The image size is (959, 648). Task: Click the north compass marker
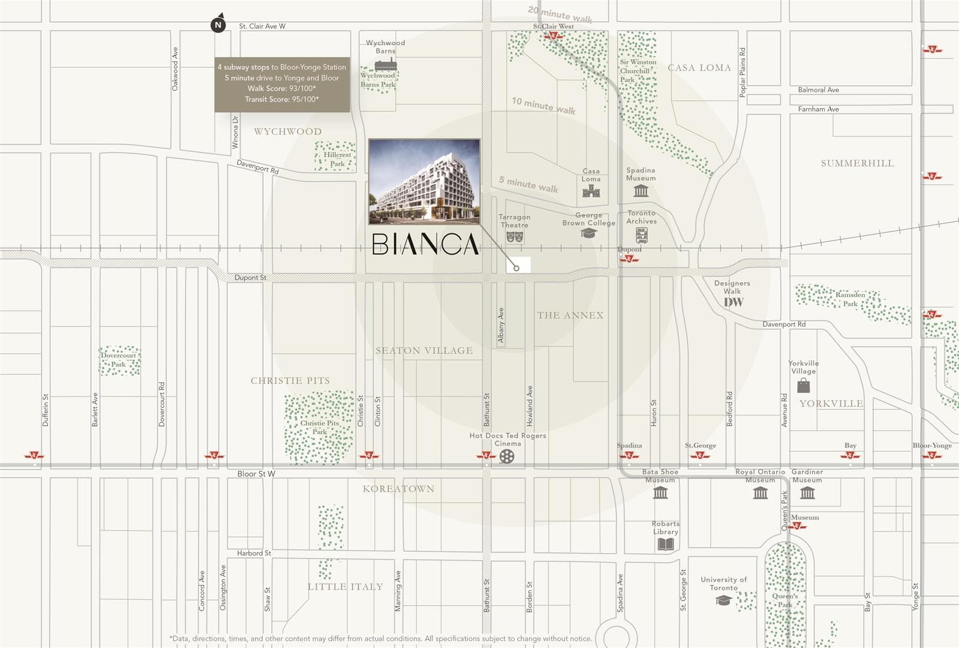tap(218, 25)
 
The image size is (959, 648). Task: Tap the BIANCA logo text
tap(425, 244)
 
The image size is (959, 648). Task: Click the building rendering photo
tap(424, 181)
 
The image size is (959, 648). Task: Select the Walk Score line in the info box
tap(282, 88)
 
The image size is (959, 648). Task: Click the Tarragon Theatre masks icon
tap(515, 237)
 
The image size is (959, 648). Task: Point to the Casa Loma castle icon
tap(591, 191)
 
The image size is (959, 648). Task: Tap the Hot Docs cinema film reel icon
tap(507, 457)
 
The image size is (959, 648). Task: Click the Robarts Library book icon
tap(666, 544)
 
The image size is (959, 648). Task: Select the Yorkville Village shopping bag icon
tap(803, 386)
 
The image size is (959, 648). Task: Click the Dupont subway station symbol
tap(629, 259)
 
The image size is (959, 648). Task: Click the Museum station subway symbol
tap(796, 526)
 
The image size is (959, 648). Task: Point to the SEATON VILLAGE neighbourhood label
tap(424, 350)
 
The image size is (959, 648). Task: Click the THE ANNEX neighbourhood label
tap(570, 315)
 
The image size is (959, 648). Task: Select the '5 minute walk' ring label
tap(528, 184)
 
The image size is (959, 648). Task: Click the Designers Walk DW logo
tap(733, 302)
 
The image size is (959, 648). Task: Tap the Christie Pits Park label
tap(320, 427)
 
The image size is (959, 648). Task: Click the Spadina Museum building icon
tap(641, 191)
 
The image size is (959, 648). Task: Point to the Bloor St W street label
tap(256, 473)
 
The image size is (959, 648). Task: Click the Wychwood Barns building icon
tap(385, 65)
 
